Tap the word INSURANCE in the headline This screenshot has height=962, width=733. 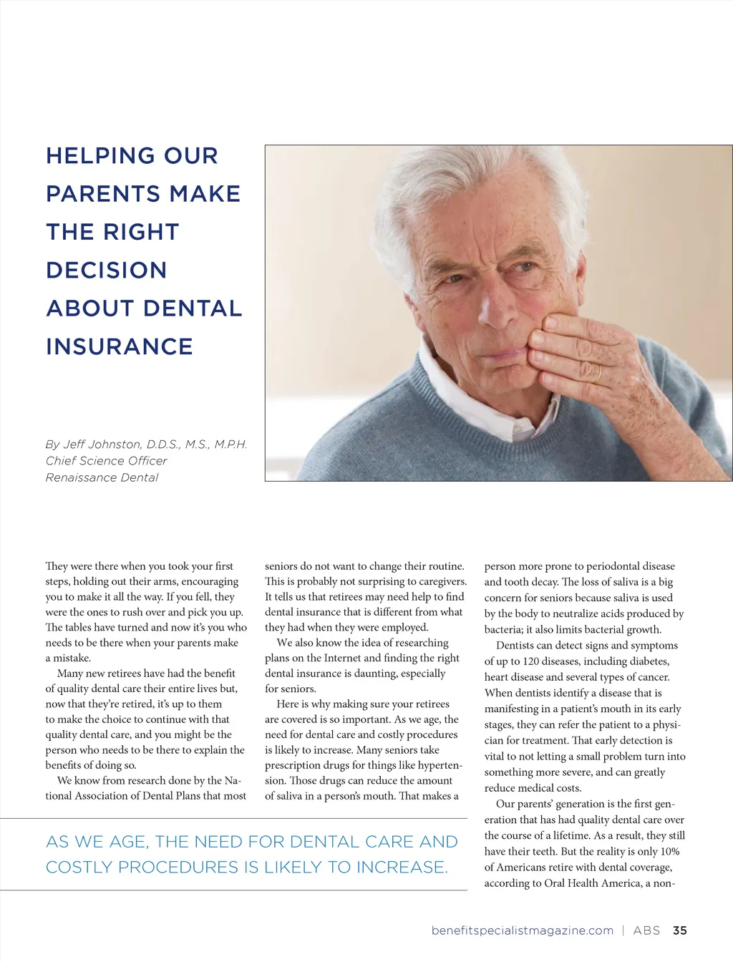pyautogui.click(x=120, y=346)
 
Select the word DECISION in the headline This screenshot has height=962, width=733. pyautogui.click(x=107, y=271)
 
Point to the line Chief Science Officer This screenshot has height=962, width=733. pyautogui.click(x=106, y=461)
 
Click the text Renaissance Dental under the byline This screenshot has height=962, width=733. pyautogui.click(x=102, y=477)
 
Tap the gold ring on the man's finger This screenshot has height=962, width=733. pyautogui.click(x=597, y=374)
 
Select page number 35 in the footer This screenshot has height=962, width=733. pyautogui.click(x=680, y=931)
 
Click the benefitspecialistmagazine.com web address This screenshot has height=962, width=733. pyautogui.click(x=523, y=931)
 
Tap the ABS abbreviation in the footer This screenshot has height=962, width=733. pyautogui.click(x=646, y=931)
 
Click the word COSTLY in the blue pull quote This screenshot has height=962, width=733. pyautogui.click(x=79, y=868)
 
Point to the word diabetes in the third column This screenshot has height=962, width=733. pyautogui.click(x=647, y=661)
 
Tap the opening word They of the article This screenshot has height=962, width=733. pyautogui.click(x=57, y=566)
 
